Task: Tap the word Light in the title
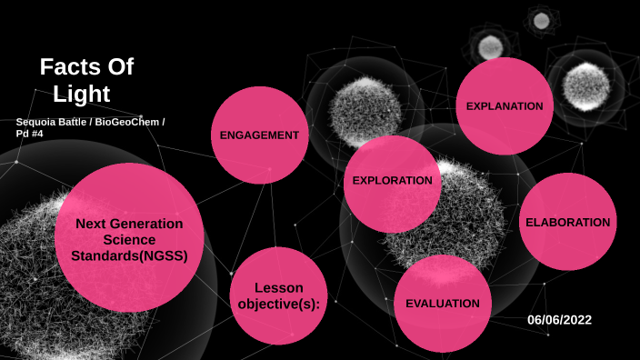point(81,93)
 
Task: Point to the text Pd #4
point(29,134)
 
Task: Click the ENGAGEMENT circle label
point(259,135)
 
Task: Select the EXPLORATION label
point(393,180)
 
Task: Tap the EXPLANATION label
point(505,106)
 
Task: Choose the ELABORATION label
point(567,222)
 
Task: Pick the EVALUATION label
point(443,303)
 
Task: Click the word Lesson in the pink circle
point(279,287)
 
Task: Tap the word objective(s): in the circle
point(279,304)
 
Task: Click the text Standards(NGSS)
point(129,255)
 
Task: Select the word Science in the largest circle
point(129,239)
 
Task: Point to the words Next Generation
point(129,223)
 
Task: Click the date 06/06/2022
point(559,319)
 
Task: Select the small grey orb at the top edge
point(542,20)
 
